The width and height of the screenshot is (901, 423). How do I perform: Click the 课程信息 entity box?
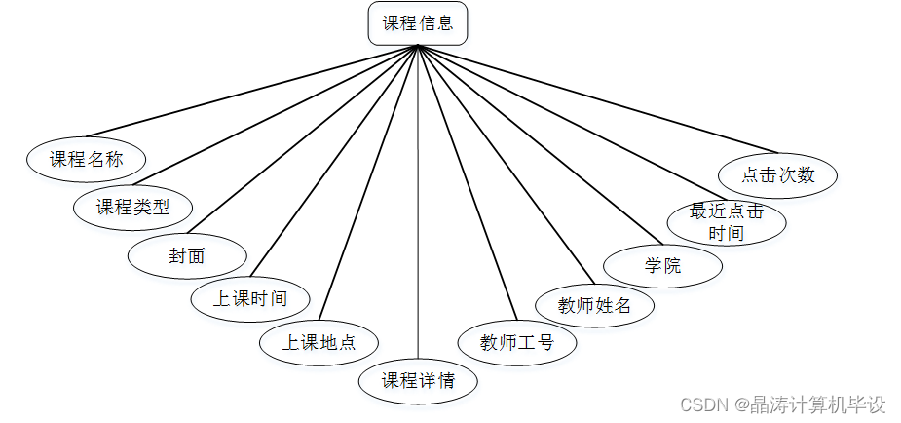(418, 23)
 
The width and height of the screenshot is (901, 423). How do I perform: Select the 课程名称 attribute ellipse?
(86, 159)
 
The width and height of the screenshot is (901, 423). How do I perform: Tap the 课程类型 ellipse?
(133, 207)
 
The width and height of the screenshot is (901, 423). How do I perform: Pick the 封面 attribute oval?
(187, 256)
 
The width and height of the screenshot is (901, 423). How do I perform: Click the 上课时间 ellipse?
(250, 297)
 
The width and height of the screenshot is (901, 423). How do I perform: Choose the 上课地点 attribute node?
(319, 342)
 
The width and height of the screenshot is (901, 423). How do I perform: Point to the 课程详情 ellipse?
(418, 380)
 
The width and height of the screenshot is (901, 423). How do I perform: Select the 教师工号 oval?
(517, 342)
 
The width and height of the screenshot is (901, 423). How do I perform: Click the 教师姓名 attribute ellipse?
(594, 305)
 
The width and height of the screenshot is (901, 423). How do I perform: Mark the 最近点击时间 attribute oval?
(726, 222)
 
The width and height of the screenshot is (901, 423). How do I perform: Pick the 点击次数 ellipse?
(777, 176)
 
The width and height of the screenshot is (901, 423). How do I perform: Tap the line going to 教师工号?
(468, 183)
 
